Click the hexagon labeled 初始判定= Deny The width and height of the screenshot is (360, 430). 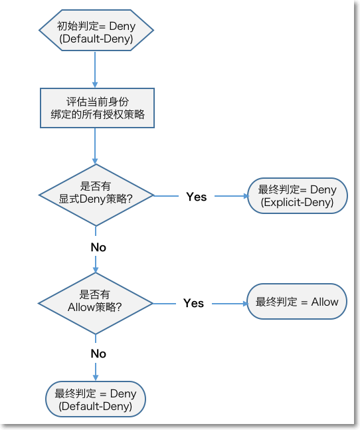(x=96, y=30)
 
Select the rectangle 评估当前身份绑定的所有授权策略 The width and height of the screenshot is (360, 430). (x=97, y=108)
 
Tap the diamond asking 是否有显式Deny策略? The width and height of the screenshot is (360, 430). (x=96, y=195)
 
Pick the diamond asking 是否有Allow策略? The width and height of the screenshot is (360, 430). (x=96, y=303)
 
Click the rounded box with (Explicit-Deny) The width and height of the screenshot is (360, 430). (x=298, y=195)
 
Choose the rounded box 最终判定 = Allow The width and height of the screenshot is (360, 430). (x=297, y=301)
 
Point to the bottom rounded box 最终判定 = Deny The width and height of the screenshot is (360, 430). (x=96, y=399)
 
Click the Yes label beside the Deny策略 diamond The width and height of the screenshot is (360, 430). (x=196, y=197)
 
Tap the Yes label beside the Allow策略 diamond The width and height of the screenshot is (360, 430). (x=193, y=303)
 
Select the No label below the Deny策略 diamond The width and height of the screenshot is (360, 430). (x=98, y=247)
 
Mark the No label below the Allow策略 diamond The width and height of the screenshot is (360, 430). (x=98, y=354)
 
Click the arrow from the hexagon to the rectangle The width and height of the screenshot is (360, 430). (x=95, y=70)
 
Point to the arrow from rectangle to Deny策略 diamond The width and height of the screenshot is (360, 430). (x=95, y=146)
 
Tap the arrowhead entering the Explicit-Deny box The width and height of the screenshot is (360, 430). (x=246, y=196)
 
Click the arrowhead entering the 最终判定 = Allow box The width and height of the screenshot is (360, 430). (x=246, y=304)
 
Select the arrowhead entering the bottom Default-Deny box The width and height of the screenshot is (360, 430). (x=96, y=378)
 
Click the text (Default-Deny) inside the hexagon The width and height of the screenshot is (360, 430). (x=96, y=39)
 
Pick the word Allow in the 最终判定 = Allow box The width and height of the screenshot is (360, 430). (x=325, y=302)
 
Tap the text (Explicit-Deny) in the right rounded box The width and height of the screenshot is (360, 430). (x=298, y=203)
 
